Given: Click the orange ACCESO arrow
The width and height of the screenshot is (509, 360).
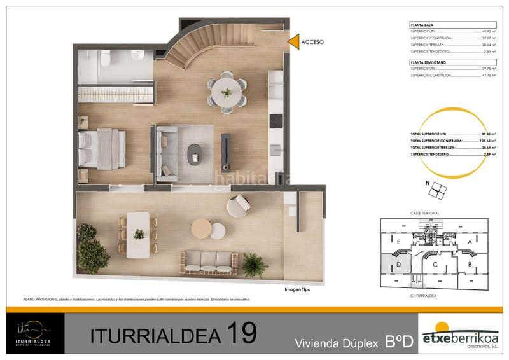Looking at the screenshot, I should pyautogui.click(x=294, y=41).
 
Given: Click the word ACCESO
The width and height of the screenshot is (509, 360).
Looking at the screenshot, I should pyautogui.click(x=312, y=42).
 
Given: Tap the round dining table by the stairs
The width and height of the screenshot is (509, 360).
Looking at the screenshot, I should pyautogui.click(x=227, y=92).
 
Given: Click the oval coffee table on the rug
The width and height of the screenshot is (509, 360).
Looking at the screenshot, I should pyautogui.click(x=193, y=154).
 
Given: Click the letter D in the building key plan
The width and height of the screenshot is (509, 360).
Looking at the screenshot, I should pyautogui.click(x=398, y=263).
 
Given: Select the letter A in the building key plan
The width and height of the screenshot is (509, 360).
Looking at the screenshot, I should pyautogui.click(x=470, y=242).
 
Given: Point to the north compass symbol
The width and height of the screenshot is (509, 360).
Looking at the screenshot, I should pyautogui.click(x=437, y=190).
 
